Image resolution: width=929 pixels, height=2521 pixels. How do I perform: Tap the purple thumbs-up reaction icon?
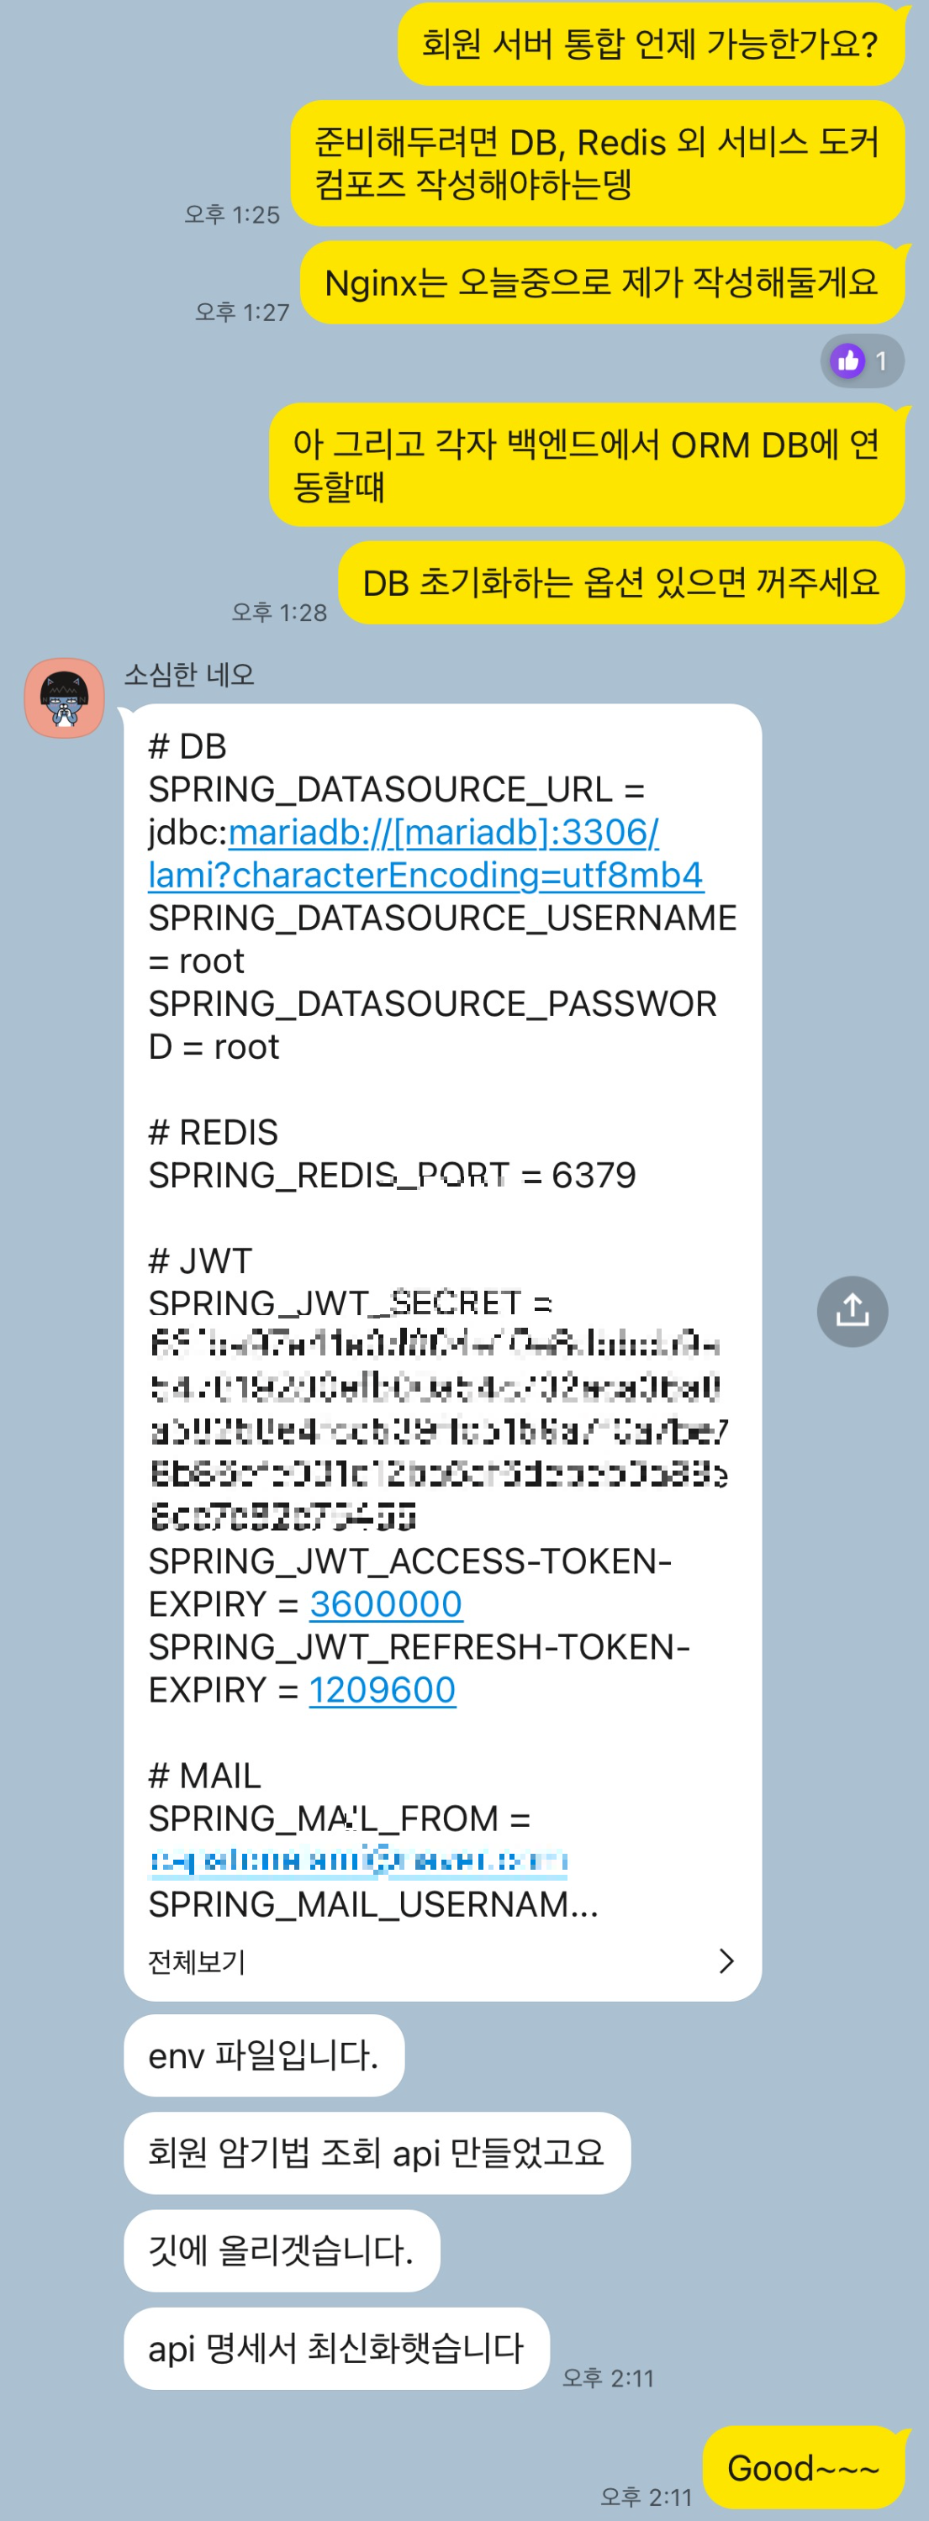point(847,361)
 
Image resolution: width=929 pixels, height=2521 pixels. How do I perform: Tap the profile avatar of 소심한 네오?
point(65,697)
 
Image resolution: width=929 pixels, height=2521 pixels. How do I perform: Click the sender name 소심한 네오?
point(189,674)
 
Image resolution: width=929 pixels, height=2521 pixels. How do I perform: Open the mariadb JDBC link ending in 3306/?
point(443,832)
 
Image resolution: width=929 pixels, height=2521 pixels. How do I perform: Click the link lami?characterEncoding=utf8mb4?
point(425,875)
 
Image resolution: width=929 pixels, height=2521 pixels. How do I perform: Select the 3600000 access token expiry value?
point(386,1604)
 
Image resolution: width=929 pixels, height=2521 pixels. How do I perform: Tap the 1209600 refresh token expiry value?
point(382,1690)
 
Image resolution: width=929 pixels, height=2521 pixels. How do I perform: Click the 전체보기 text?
point(197,1961)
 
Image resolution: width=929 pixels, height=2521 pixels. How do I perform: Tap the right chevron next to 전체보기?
point(726,1960)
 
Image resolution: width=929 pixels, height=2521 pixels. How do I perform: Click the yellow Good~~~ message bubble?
point(803,2467)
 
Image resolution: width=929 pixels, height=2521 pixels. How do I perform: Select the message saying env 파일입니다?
point(263,2055)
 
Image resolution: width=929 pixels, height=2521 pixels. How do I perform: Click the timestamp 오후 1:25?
point(232,214)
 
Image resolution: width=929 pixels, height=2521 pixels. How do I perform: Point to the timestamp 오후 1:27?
point(242,313)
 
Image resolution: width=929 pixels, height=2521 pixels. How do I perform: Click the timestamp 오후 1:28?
point(279,613)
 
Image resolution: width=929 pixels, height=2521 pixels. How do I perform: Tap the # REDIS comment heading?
point(214,1132)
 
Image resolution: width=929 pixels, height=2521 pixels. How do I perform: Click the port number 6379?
point(594,1176)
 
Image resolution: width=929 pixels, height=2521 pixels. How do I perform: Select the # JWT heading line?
point(201,1260)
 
